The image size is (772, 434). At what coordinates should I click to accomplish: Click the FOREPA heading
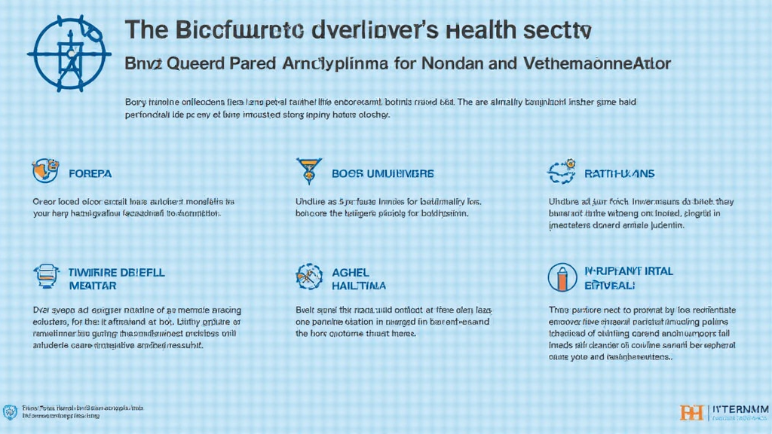[x=90, y=173]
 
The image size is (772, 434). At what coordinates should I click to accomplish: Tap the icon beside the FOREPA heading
[x=45, y=171]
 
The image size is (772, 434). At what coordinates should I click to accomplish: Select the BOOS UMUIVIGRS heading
[x=382, y=173]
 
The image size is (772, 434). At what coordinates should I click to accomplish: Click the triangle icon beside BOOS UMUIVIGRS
[x=306, y=170]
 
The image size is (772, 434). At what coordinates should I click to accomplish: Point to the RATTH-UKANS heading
[x=619, y=173]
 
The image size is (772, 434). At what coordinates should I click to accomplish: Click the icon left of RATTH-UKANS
[x=561, y=171]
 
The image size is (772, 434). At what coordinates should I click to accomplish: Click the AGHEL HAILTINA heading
[x=359, y=278]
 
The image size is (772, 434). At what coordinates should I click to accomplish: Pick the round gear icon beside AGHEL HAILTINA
[x=309, y=277]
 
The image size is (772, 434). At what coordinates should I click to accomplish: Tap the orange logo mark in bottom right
[x=691, y=412]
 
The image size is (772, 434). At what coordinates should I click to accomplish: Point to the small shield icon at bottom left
[x=10, y=411]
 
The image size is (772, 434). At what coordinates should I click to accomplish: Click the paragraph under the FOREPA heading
[x=126, y=208]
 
